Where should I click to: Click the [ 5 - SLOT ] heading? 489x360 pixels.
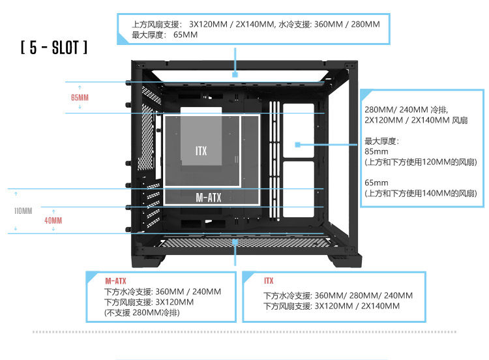54,48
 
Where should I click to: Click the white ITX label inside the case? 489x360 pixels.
201,151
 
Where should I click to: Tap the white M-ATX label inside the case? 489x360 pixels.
209,197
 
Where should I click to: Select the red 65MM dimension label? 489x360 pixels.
80,98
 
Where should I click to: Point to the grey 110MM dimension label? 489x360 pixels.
23,211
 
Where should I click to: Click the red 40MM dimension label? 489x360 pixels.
53,221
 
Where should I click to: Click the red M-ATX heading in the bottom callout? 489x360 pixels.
115,280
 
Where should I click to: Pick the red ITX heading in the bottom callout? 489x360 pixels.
269,280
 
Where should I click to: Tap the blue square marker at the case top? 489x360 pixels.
235,75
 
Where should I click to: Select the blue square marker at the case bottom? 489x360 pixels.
235,242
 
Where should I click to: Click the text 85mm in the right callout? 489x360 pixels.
376,151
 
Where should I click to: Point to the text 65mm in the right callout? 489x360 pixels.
376,183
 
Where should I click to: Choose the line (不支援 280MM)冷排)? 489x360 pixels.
142,313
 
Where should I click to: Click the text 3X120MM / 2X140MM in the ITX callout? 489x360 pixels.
357,305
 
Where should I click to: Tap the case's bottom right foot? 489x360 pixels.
344,262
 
